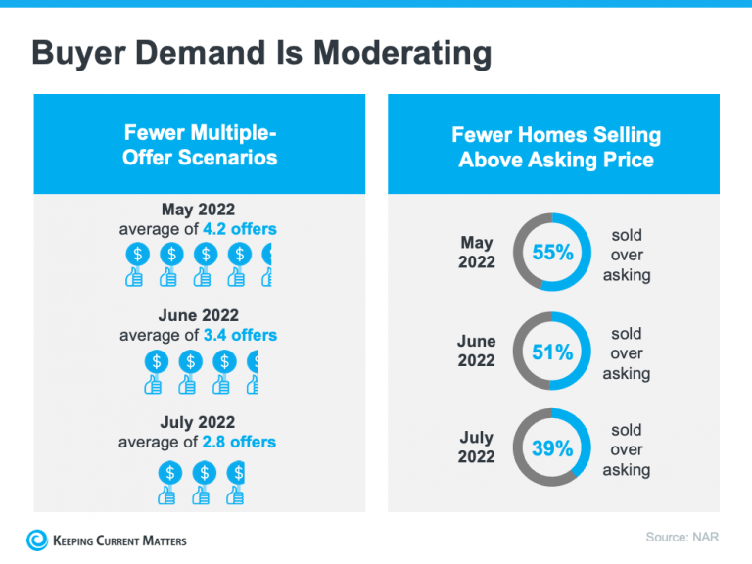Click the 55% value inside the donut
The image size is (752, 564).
coord(552,253)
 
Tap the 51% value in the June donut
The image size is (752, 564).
coord(552,352)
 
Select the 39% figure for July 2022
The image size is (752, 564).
coord(552,448)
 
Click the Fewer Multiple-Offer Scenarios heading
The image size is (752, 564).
coord(200,145)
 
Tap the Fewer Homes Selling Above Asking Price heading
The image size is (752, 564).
coord(555,147)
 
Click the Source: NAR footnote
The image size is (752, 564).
coord(682,537)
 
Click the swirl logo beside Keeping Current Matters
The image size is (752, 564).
coord(37,540)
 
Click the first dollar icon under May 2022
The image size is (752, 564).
coord(137,255)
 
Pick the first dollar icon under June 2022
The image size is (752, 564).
coord(156,361)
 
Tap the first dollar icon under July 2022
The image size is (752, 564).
coord(170,473)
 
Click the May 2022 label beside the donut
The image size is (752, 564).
coord(477,253)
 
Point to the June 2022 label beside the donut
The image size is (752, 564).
coord(477,352)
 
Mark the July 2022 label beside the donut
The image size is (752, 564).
coord(477,447)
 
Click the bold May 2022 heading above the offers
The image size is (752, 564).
coord(198,210)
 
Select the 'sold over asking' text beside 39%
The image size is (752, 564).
coord(627,449)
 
